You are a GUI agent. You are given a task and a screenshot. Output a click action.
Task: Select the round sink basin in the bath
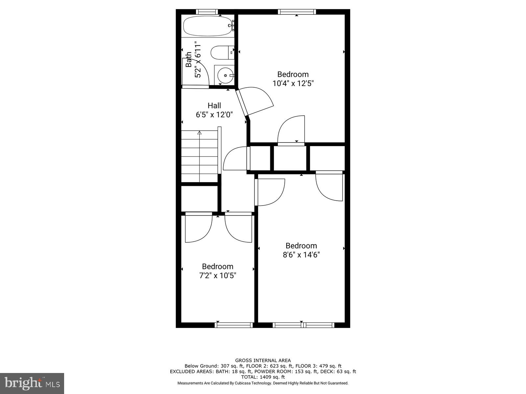click(x=225, y=76)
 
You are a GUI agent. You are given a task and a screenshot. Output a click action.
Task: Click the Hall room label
click(x=214, y=106)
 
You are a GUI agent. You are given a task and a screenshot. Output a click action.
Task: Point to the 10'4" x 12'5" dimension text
click(x=293, y=83)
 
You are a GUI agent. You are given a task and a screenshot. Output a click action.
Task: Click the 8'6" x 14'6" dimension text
click(x=301, y=255)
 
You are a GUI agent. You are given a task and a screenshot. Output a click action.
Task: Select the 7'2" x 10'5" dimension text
click(x=218, y=275)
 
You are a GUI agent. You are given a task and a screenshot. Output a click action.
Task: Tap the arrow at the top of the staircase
click(x=199, y=133)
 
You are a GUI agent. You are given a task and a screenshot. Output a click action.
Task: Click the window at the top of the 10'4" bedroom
click(x=297, y=12)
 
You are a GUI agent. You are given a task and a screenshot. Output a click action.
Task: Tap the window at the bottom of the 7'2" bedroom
click(x=234, y=325)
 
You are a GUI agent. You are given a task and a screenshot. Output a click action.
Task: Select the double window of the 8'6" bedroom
click(x=303, y=325)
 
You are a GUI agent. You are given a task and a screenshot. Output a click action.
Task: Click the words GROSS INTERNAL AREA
click(x=263, y=361)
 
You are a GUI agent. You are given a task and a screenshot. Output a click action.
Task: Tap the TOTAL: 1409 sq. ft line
click(x=263, y=377)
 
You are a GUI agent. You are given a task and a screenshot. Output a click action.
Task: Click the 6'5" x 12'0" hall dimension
click(x=214, y=115)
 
